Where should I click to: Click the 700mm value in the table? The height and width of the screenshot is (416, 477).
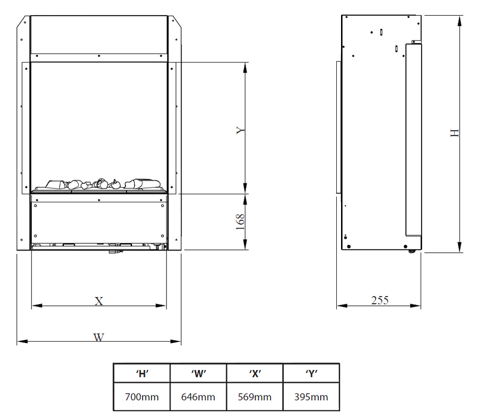142,397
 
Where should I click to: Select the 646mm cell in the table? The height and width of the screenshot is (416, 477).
198,397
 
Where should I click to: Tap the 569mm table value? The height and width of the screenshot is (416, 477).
255,397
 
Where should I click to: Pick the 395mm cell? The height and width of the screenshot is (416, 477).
311,397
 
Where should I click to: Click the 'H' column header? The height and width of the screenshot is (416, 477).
142,374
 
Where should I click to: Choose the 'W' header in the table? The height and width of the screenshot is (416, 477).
198,374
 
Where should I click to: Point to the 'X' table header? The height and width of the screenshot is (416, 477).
255,374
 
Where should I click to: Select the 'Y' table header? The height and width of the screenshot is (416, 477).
311,374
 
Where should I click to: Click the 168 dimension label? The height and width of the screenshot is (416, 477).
240,221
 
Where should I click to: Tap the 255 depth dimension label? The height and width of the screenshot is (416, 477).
380,301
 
